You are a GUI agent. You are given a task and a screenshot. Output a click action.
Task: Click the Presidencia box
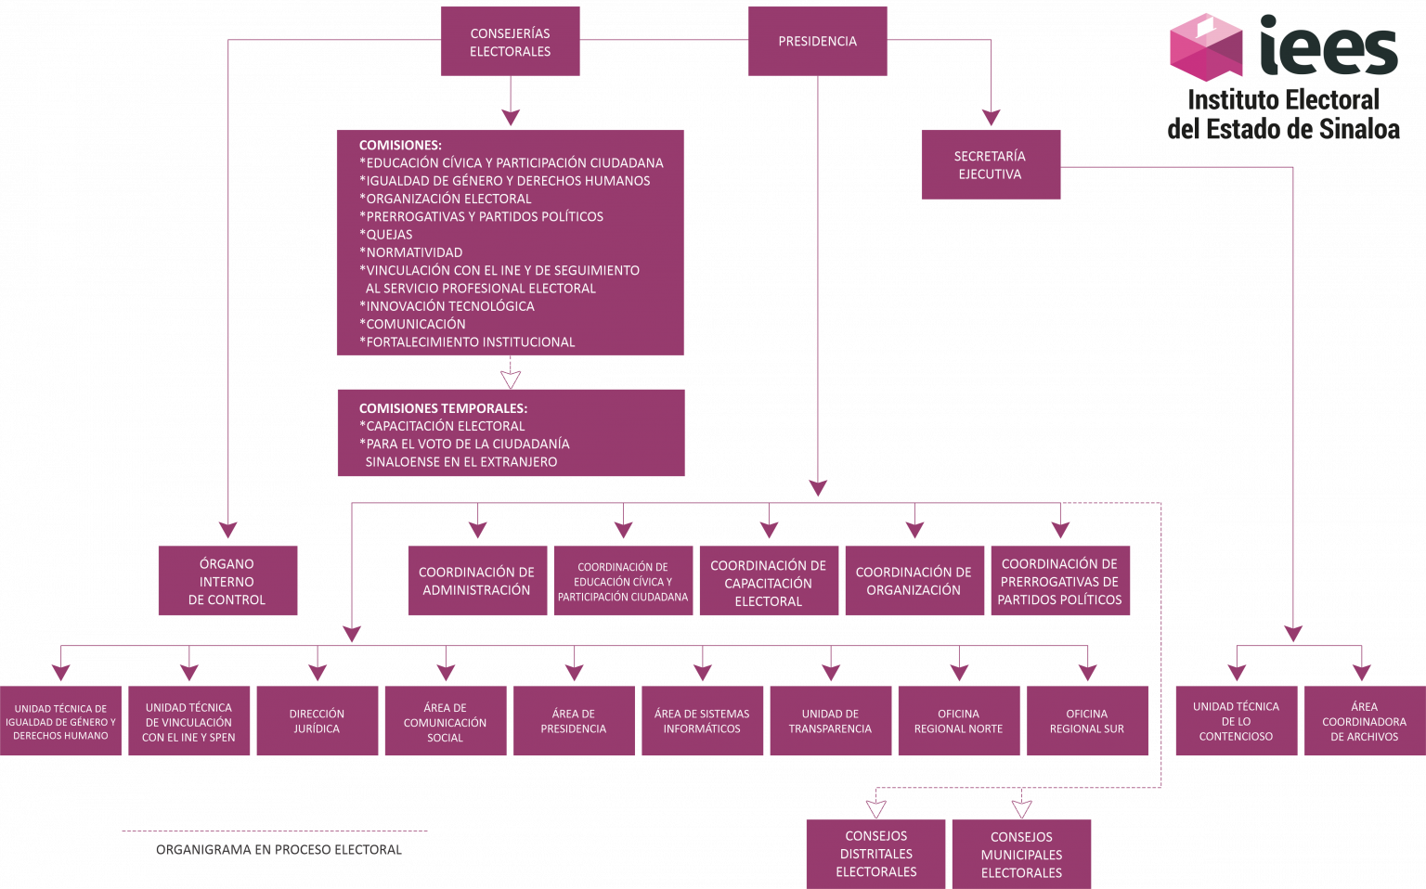tap(817, 41)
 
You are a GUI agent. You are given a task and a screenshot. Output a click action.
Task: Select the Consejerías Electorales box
tap(510, 42)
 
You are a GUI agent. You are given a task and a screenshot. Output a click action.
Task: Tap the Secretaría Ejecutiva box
tap(990, 164)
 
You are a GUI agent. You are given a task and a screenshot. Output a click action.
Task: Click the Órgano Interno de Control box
tap(227, 581)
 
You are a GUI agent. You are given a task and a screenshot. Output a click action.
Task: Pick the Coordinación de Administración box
tap(476, 581)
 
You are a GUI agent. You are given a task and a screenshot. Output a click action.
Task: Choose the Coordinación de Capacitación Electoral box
tap(768, 582)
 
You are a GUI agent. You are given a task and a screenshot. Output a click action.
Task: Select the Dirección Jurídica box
tap(317, 721)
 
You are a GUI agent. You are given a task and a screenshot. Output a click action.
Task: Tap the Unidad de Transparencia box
tap(830, 721)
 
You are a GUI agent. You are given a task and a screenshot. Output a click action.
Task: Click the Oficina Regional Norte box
tap(958, 721)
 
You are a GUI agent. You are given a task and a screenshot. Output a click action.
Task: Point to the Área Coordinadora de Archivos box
tap(1364, 721)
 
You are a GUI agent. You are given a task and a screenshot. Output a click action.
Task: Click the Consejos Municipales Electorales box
tap(1021, 854)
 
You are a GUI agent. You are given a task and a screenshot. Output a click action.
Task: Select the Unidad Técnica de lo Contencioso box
tap(1236, 721)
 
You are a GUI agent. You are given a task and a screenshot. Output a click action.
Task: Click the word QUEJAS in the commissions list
tap(389, 235)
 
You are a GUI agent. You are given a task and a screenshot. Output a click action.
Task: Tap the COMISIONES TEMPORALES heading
tap(443, 408)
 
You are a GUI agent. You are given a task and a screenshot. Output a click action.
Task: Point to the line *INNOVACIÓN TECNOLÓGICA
tap(447, 306)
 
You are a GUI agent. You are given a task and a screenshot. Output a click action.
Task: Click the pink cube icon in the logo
tap(1205, 46)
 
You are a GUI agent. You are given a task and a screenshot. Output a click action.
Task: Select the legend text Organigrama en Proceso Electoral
tap(279, 849)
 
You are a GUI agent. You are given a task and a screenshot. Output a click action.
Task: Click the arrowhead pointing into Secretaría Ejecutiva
tap(991, 118)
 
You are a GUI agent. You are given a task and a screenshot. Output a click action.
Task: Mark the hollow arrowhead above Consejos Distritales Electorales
tap(875, 808)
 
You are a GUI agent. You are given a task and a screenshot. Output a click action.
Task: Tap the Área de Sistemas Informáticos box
tap(702, 721)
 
